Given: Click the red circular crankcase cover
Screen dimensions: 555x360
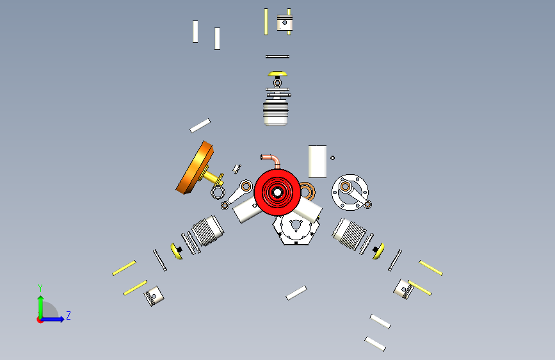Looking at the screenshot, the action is coord(277,192).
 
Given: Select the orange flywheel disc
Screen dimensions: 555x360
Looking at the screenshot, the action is coord(195,168).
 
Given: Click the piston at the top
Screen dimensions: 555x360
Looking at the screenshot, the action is coord(285,22).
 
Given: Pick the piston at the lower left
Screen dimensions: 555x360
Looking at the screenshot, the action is coord(154,296).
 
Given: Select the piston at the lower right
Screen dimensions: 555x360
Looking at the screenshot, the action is coord(403,289).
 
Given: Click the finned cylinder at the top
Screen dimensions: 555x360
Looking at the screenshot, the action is coord(276,112).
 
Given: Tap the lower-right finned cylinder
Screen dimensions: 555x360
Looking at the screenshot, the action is coord(349,233).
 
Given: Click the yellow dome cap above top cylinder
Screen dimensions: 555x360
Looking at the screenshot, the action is coord(278,74).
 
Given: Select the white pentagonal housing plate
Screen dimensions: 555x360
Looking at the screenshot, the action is coord(296,229).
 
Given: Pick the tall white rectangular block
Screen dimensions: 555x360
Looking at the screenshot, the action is coord(318,161).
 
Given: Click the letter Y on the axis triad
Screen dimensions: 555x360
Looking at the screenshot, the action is coord(40,288).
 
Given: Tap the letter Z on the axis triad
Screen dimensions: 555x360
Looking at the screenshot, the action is coord(68,315).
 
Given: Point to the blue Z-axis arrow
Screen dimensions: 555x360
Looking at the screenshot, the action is coord(52,319).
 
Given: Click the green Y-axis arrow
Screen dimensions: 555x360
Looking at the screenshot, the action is coord(40,307).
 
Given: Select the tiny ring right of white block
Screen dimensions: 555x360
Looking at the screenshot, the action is coord(332,158).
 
